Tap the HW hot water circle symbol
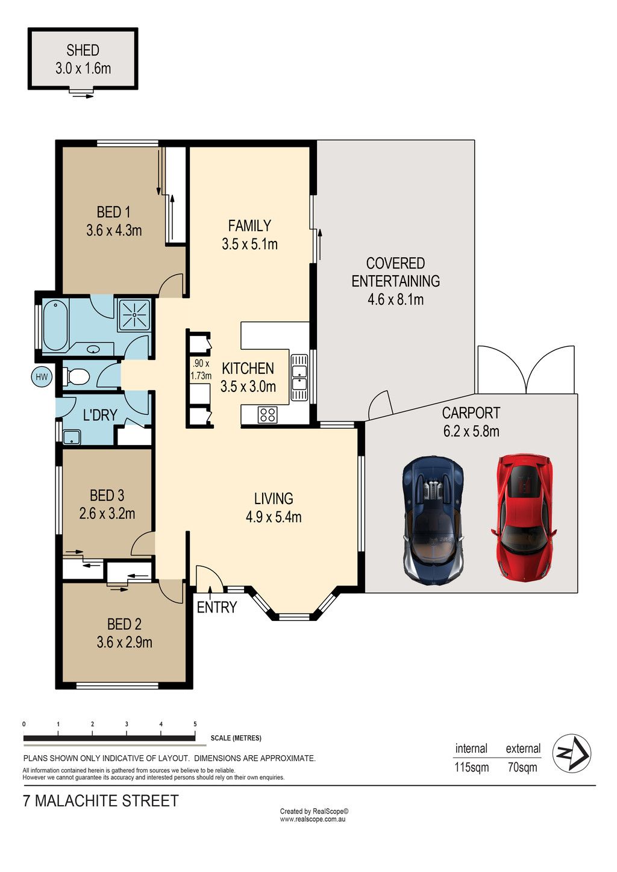pos(42,376)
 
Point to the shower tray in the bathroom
pos(134,314)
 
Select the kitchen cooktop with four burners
pos(268,414)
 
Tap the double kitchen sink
pos(299,378)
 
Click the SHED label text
pos(83,50)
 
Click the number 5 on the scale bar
pos(195,724)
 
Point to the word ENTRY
pos(217,607)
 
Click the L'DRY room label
pos(100,416)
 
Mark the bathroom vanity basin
pos(93,349)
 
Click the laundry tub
pos(72,437)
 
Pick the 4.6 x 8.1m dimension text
pos(396,299)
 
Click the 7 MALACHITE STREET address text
pos(101,801)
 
